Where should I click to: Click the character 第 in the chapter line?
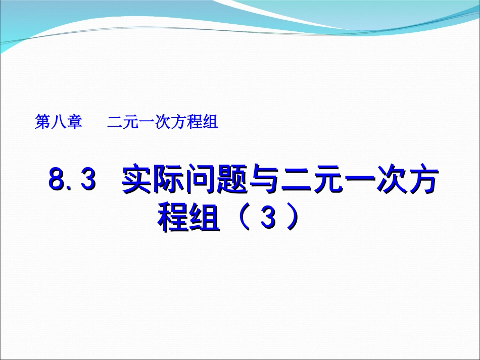tap(42, 123)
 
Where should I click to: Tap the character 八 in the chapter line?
tap(58, 123)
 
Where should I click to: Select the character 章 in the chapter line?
tap(74, 123)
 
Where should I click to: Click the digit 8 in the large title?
tap(57, 179)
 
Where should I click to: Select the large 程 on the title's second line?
tap(173, 219)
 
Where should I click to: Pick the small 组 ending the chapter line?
tap(210, 123)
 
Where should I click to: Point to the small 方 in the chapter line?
tap(179, 123)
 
